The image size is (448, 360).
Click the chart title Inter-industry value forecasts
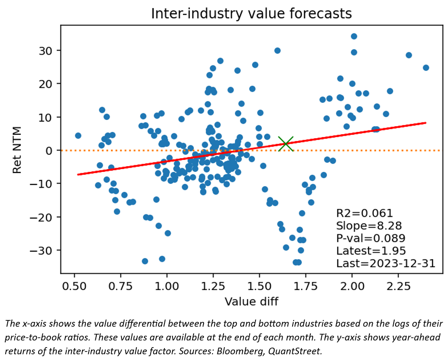coord(251,13)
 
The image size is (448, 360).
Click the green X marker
coord(286,143)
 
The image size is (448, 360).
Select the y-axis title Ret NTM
coord(17,150)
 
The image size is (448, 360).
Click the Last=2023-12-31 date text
coord(386,263)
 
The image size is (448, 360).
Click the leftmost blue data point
coord(78,136)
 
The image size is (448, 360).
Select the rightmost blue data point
coord(426,68)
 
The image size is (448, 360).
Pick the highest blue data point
coord(354,36)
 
